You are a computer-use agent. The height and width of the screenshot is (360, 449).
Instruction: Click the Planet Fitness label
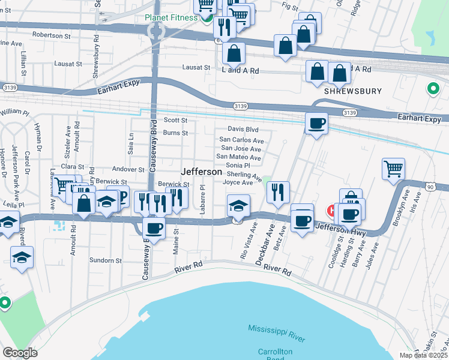[171, 17]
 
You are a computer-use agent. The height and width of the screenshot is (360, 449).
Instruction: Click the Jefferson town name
[202, 172]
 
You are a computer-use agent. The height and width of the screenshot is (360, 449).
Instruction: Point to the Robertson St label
[52, 35]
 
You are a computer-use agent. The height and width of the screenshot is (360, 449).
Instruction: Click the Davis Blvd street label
[243, 129]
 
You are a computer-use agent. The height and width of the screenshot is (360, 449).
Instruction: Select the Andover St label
[125, 170]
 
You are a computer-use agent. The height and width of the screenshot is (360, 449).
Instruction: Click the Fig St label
[289, 6]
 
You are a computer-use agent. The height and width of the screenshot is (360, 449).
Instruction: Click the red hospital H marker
[331, 211]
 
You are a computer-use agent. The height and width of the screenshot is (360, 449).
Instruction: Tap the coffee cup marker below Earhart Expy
[316, 124]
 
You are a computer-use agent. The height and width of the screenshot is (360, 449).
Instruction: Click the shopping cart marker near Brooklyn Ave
[393, 169]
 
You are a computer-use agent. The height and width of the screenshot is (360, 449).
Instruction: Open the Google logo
[20, 353]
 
